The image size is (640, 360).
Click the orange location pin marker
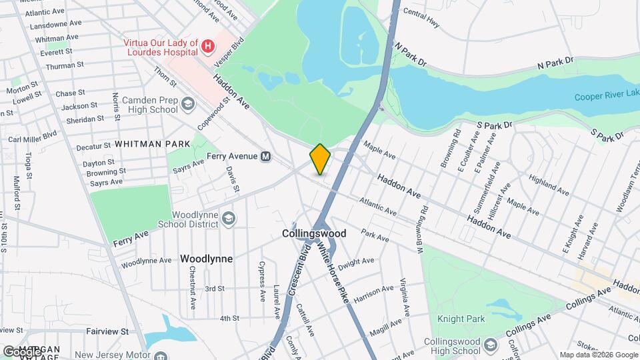(x=320, y=159)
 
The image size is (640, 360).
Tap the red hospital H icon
(x=208, y=46)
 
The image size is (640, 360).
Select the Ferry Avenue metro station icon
(x=266, y=157)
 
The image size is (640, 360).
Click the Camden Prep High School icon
(x=188, y=104)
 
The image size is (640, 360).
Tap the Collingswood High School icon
(x=491, y=345)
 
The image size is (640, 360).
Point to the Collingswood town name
(x=314, y=234)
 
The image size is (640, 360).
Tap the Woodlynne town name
(x=207, y=259)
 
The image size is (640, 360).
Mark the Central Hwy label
(x=421, y=19)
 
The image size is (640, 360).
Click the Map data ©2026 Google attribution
(x=598, y=355)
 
